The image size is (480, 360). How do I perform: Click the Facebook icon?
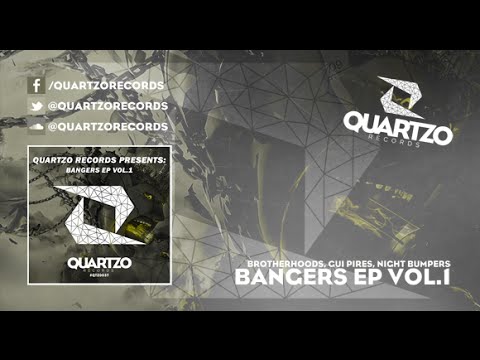[x=36, y=85]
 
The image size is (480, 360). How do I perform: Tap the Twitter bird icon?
[x=36, y=105]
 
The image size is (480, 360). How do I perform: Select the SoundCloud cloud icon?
[x=36, y=126]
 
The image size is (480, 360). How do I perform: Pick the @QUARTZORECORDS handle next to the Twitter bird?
[x=108, y=105]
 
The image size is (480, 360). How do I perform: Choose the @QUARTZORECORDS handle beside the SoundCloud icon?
[x=108, y=126]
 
